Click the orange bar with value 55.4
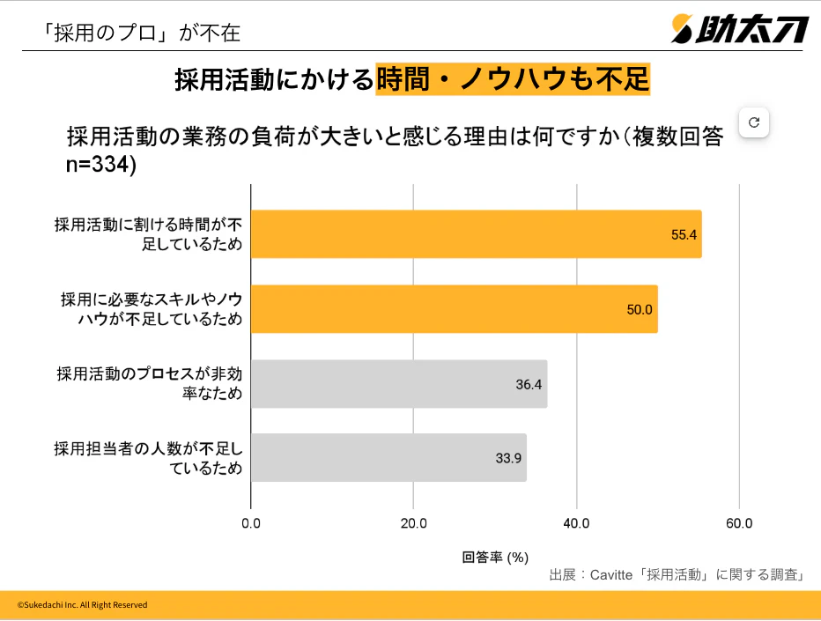(x=476, y=234)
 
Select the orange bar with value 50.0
(x=454, y=309)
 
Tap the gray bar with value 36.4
(x=398, y=384)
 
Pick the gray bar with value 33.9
(x=388, y=458)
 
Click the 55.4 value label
(x=684, y=235)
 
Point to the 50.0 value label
(x=640, y=310)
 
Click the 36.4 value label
(x=529, y=385)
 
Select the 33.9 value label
(x=508, y=459)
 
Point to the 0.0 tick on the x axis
(x=251, y=524)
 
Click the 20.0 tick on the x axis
(x=414, y=524)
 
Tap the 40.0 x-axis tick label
(x=576, y=524)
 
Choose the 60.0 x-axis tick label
(x=739, y=524)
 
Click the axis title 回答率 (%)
(x=495, y=557)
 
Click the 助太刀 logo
(x=739, y=29)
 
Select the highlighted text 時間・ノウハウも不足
(x=513, y=80)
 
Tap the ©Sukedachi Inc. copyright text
(x=83, y=605)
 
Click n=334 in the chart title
(x=101, y=164)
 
